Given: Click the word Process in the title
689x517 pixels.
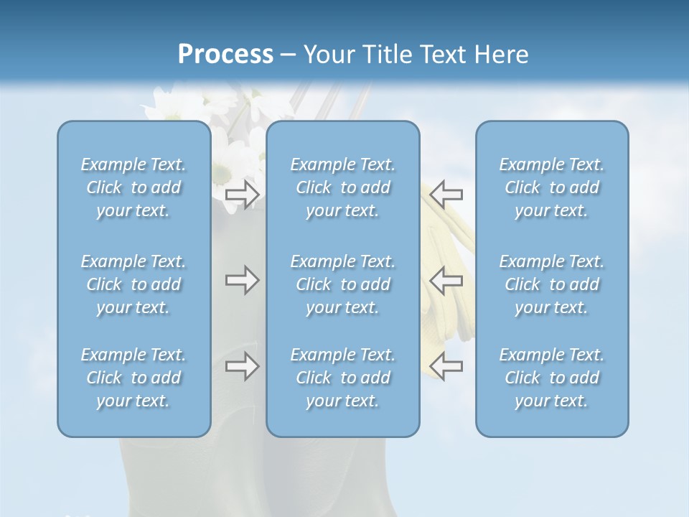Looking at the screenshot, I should [x=225, y=55].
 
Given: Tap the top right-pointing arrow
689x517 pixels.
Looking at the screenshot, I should [x=242, y=194].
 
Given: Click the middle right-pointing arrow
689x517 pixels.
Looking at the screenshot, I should [x=242, y=280].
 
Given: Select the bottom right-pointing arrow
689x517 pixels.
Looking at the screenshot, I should [x=242, y=366].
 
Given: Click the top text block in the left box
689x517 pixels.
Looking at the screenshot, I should [x=133, y=187].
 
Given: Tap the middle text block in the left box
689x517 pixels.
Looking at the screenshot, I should [x=133, y=284].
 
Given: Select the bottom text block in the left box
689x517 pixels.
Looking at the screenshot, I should [x=133, y=378].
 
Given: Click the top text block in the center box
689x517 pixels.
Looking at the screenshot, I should [x=343, y=187].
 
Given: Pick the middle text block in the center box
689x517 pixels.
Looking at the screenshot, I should [x=343, y=284].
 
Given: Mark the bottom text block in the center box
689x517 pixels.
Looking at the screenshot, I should [x=343, y=378].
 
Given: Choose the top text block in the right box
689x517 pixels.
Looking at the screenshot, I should [x=552, y=187].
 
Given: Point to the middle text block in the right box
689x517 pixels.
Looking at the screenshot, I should [x=552, y=284].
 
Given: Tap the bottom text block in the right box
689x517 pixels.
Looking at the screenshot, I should [x=552, y=378].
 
